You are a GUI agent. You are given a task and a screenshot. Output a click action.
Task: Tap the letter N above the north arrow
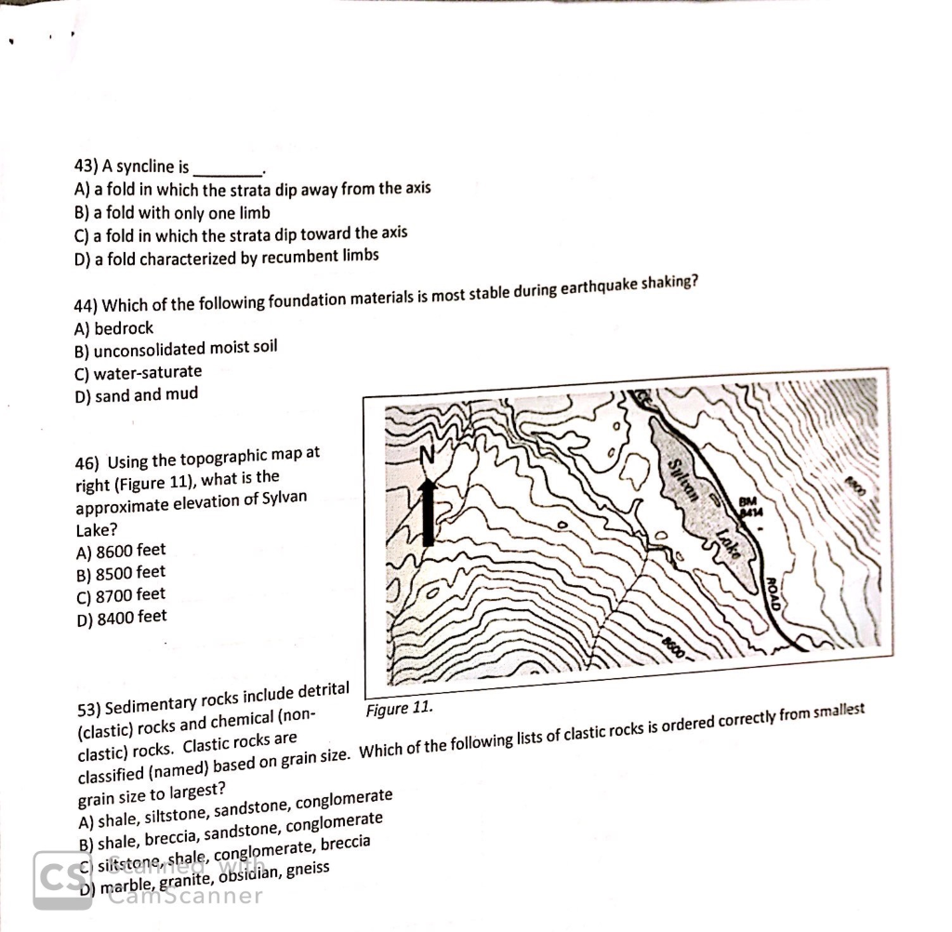click(x=428, y=456)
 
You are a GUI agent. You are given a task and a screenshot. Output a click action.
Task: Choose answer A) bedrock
click(x=113, y=328)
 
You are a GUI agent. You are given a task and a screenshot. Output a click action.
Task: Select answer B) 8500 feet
click(x=120, y=572)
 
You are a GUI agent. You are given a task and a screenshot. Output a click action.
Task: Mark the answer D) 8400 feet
click(x=120, y=616)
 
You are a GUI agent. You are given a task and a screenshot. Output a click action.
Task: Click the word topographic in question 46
click(x=233, y=458)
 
